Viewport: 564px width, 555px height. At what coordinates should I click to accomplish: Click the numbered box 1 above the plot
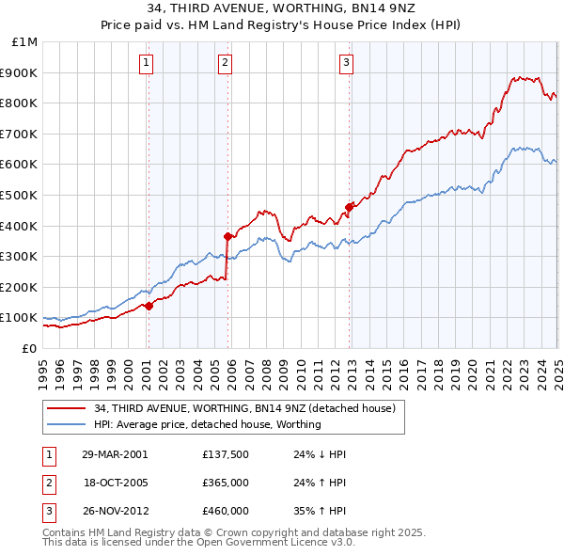pyautogui.click(x=148, y=63)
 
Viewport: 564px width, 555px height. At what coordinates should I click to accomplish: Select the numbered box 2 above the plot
pyautogui.click(x=227, y=63)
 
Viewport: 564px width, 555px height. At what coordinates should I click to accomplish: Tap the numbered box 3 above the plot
pyautogui.click(x=346, y=63)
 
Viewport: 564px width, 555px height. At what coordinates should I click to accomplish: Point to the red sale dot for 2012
pyautogui.click(x=350, y=206)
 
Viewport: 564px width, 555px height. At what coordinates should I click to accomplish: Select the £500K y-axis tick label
pyautogui.click(x=21, y=195)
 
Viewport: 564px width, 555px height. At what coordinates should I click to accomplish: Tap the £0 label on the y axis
pyautogui.click(x=29, y=348)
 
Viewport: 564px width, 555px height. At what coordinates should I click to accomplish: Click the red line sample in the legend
pyautogui.click(x=67, y=408)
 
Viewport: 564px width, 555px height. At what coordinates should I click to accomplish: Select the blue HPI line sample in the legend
pyautogui.click(x=67, y=424)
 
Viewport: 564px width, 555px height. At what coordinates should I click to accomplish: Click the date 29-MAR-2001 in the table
pyautogui.click(x=115, y=453)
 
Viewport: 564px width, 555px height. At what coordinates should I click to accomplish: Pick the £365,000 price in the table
pyautogui.click(x=226, y=483)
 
